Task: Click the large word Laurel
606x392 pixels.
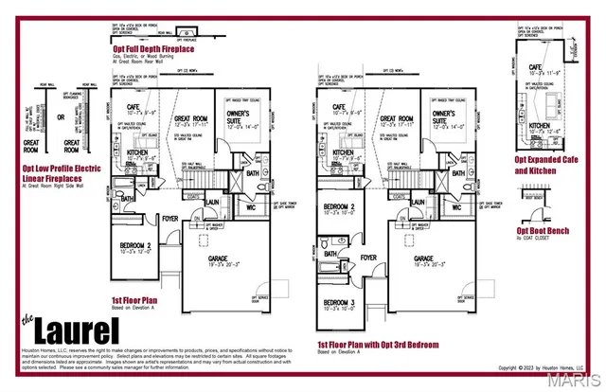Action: (77, 330)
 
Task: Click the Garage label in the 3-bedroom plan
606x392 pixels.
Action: (423, 257)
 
